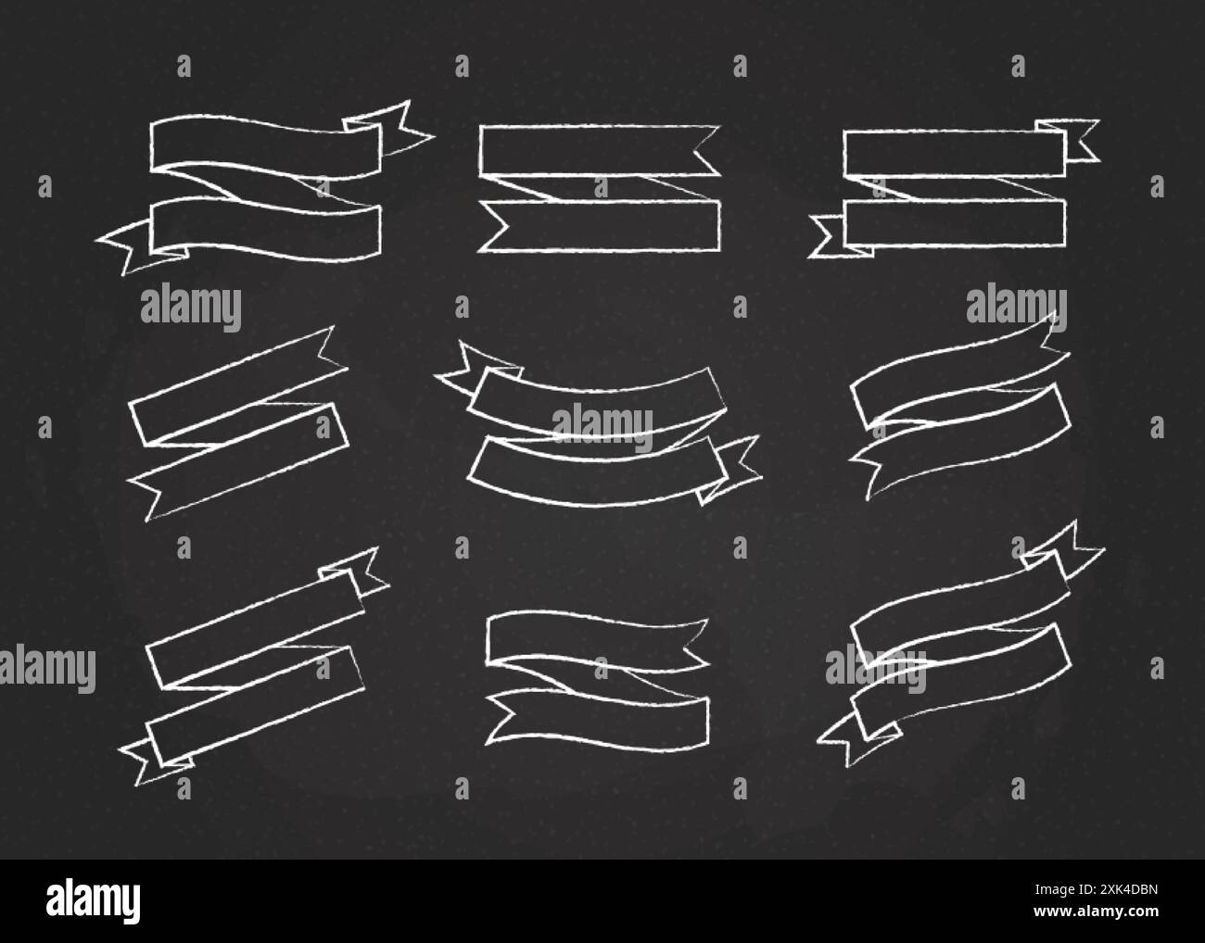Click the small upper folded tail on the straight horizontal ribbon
click(1075, 137)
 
